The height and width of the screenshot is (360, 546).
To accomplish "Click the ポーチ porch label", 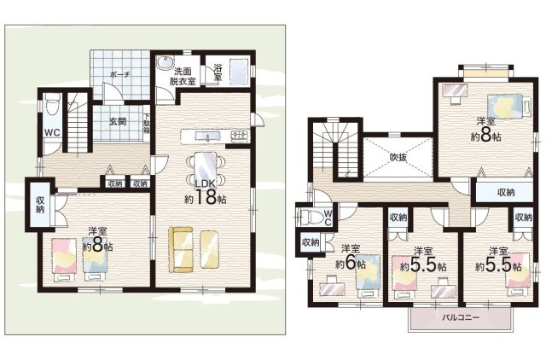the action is (x=119, y=74).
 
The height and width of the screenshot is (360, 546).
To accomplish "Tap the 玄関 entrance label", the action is (x=118, y=121).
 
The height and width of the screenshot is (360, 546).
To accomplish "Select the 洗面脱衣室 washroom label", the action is (x=183, y=77).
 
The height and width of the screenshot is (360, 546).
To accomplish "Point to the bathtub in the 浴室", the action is (x=239, y=72).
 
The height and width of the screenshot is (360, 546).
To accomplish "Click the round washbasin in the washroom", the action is (x=165, y=63).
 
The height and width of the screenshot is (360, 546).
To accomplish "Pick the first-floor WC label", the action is (x=52, y=132).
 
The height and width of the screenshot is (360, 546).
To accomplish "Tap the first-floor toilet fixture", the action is (x=52, y=104).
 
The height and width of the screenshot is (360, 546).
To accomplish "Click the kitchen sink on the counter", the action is (x=207, y=136).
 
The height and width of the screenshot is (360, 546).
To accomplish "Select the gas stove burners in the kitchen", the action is (x=240, y=136).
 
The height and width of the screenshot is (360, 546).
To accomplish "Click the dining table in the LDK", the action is (x=206, y=166).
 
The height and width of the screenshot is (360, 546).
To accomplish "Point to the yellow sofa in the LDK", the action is (x=181, y=249).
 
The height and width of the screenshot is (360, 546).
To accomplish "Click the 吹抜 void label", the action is (x=398, y=157).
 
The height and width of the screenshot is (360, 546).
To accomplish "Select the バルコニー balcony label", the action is (x=461, y=317).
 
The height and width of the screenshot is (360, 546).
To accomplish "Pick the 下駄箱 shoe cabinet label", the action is (x=147, y=124).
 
